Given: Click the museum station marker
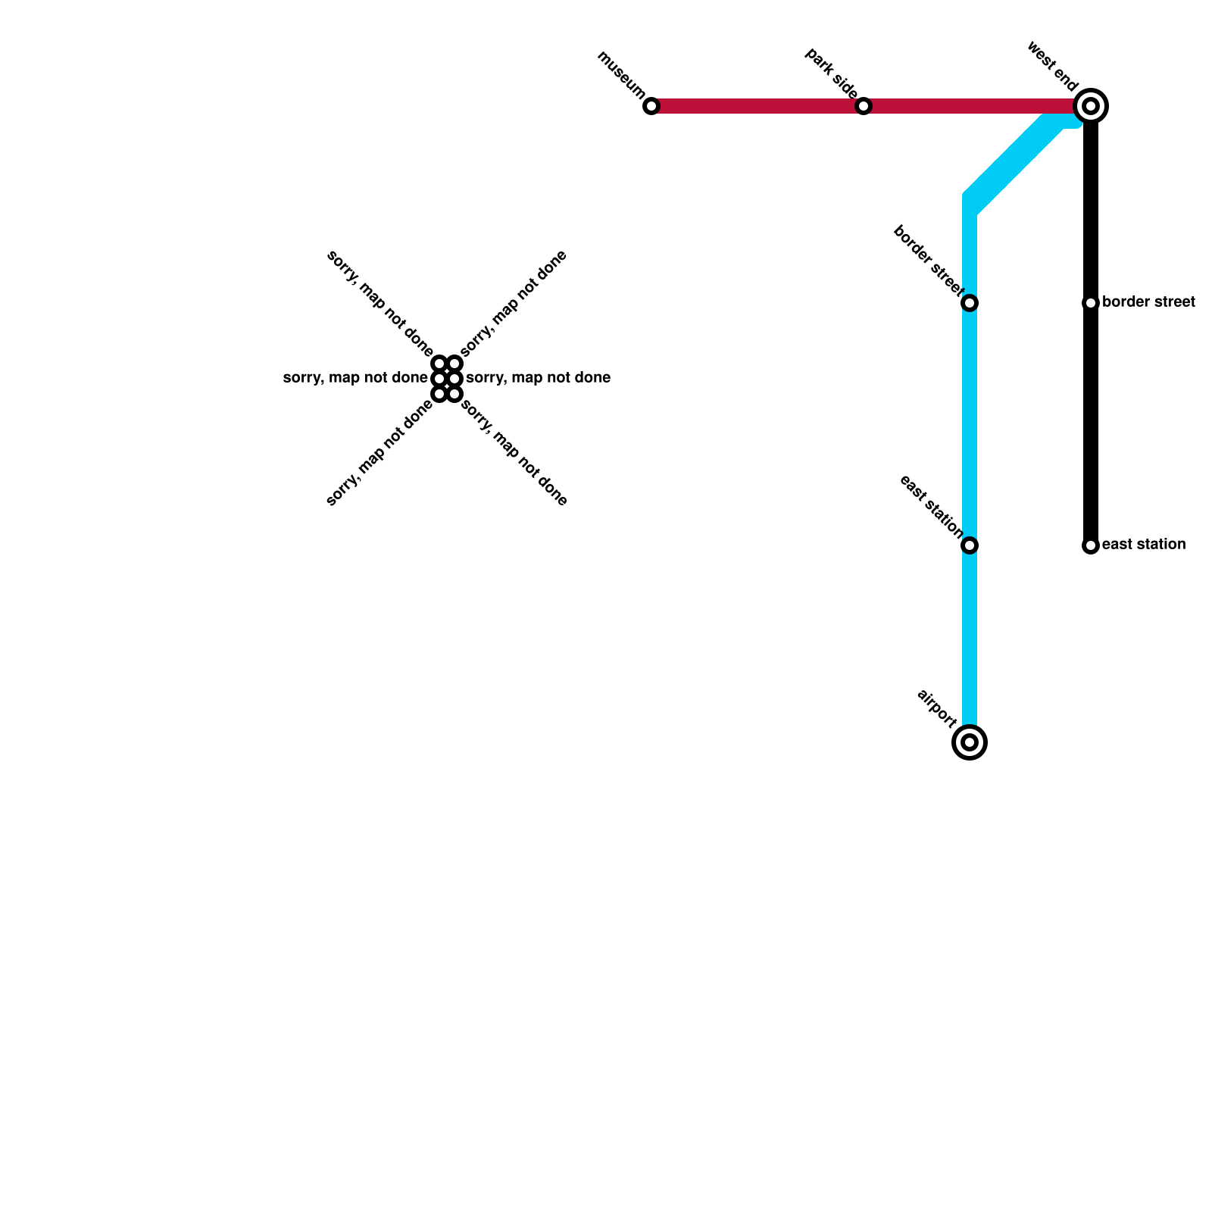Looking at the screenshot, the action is coord(651,107).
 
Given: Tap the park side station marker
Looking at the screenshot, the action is coord(864,107).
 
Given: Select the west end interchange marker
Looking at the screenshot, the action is coord(1091,107).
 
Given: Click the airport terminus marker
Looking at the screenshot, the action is coord(970,742).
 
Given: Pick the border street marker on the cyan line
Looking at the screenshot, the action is coord(970,303).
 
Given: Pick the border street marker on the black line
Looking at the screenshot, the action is coord(1091,303).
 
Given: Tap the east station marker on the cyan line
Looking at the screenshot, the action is coord(970,545).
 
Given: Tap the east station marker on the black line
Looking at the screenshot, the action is coord(1091,545).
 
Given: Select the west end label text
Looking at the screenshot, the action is coord(1052,67).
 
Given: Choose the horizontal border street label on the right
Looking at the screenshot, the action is coord(1148,303).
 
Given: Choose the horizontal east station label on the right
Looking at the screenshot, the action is coord(1144,545).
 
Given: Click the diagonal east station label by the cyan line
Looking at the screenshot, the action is coord(931,506).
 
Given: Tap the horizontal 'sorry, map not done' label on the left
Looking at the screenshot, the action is coord(355,378).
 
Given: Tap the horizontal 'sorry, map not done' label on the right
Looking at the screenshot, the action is coord(538,378).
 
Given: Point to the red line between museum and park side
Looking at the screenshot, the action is coord(757,107).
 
